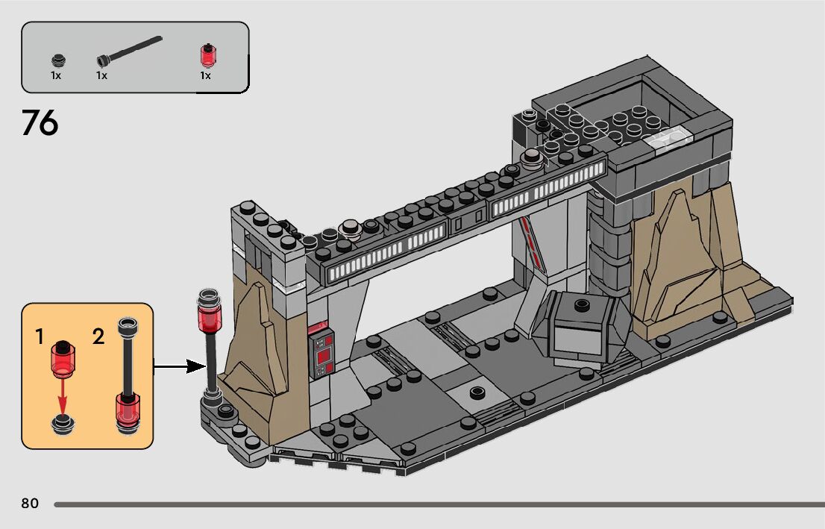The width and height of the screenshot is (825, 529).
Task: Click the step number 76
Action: pyautogui.click(x=40, y=123)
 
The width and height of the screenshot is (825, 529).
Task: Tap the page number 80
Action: pyautogui.click(x=30, y=504)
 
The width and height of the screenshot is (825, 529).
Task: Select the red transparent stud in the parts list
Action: pyautogui.click(x=205, y=57)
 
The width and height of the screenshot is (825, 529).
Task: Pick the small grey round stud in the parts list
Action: pyautogui.click(x=57, y=60)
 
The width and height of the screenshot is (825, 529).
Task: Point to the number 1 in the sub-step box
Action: pyautogui.click(x=40, y=337)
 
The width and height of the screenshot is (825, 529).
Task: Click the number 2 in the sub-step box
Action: pyautogui.click(x=98, y=337)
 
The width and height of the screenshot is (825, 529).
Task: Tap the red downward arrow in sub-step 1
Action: pyautogui.click(x=63, y=395)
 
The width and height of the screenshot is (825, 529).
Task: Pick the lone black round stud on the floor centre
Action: pyautogui.click(x=478, y=391)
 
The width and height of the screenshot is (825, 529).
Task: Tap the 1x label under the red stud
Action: pyautogui.click(x=205, y=75)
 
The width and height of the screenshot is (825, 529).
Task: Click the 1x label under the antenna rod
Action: pyautogui.click(x=101, y=75)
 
